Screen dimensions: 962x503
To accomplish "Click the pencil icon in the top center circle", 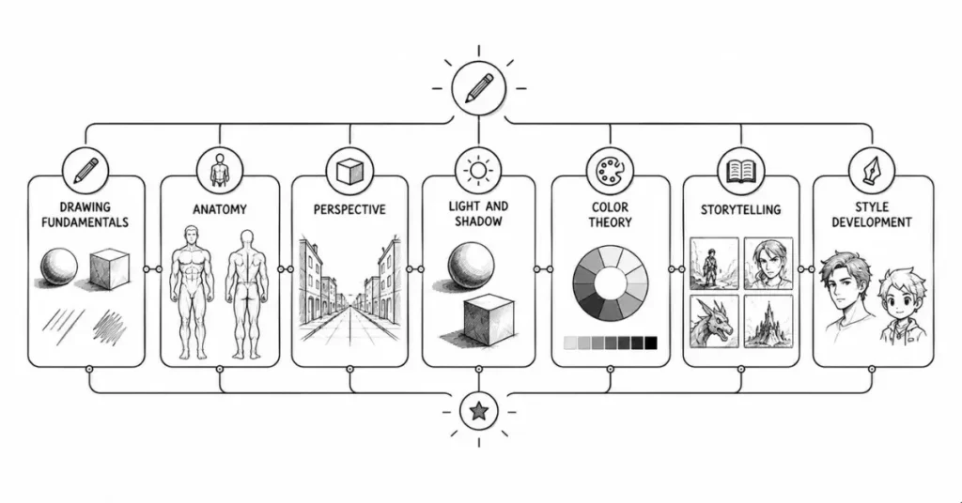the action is pos(478,88).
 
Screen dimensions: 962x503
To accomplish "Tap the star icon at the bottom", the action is pos(478,410).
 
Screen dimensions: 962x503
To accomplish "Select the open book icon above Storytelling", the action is pos(740,171).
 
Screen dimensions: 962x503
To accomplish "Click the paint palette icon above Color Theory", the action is pos(610,171).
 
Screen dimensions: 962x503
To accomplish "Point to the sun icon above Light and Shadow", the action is pos(478,170).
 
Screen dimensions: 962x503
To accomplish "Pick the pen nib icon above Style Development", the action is pos(871,170).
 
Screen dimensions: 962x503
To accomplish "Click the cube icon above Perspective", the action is pos(349,171).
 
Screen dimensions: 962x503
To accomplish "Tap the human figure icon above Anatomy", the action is pos(219,170).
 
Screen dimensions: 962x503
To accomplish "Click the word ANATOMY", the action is pos(220,209).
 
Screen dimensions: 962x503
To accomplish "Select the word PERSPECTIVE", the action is pos(349,209).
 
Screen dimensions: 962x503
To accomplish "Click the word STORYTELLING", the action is pos(740,209).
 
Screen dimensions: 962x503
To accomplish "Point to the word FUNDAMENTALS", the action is pos(85,221).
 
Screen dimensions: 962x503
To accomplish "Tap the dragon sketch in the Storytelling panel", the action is pos(714,322).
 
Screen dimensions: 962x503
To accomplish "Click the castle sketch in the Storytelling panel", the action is pos(768,322).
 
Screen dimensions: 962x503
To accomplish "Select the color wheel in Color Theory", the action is pos(610,282).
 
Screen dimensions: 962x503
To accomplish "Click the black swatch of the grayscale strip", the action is pos(650,343).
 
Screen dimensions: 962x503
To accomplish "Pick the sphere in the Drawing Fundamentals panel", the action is pos(59,267).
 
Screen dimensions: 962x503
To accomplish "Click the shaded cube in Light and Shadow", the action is pos(489,320).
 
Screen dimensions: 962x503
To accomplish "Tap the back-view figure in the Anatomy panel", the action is pos(247,294).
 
